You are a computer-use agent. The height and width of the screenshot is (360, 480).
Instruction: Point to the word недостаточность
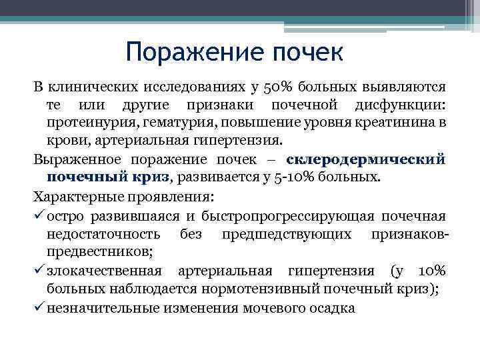coord(103,234)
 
